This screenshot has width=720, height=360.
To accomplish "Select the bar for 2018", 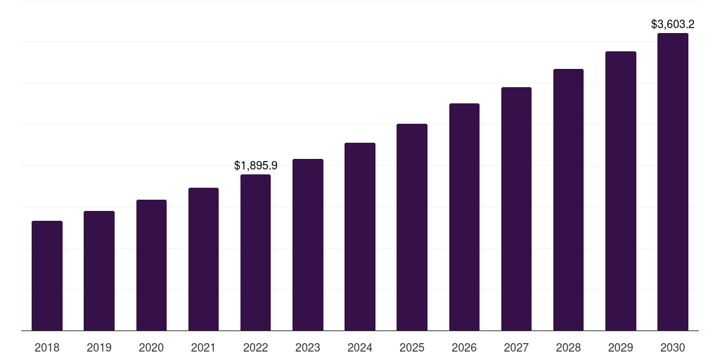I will pyautogui.click(x=47, y=276).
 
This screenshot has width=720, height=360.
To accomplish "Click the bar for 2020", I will pyautogui.click(x=151, y=265).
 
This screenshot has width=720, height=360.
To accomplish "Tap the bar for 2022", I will pyautogui.click(x=255, y=252).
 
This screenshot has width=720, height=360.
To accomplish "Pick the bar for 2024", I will pyautogui.click(x=360, y=236).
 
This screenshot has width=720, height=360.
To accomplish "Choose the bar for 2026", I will pyautogui.click(x=464, y=217).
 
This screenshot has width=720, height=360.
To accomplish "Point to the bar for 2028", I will pyautogui.click(x=568, y=200).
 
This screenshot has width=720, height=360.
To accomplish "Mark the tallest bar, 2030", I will pyautogui.click(x=673, y=181).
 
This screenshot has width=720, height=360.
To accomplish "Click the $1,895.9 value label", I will pyautogui.click(x=255, y=166).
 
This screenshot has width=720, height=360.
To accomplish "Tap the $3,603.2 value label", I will pyautogui.click(x=673, y=25).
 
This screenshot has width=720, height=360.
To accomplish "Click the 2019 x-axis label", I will pyautogui.click(x=99, y=347).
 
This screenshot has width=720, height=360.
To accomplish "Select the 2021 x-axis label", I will pyautogui.click(x=203, y=347).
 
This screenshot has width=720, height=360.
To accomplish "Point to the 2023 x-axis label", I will pyautogui.click(x=308, y=347).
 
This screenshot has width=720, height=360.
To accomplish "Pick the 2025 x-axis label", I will pyautogui.click(x=412, y=347).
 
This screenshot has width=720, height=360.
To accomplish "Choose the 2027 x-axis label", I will pyautogui.click(x=516, y=347).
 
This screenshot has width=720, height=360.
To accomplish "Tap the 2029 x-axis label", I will pyautogui.click(x=621, y=347).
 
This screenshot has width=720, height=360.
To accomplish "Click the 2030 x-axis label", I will pyautogui.click(x=673, y=347).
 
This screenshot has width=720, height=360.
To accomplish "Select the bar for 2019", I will pyautogui.click(x=99, y=271).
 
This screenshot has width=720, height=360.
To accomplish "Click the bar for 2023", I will pyautogui.click(x=308, y=245).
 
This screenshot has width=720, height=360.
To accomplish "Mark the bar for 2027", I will pyautogui.click(x=516, y=209).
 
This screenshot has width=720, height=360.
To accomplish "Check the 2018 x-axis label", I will pyautogui.click(x=47, y=347).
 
